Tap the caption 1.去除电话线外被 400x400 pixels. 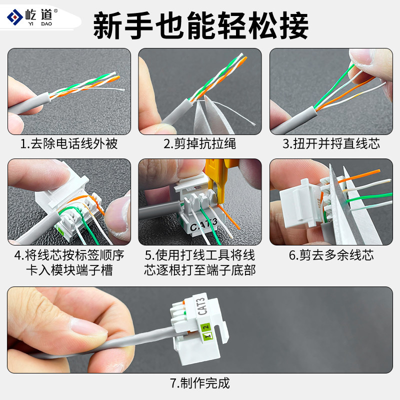point(69,144)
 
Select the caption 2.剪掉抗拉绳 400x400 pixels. point(199,144)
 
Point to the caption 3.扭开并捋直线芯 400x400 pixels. point(331,144)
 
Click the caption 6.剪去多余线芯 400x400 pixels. point(331,255)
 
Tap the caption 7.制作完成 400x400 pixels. point(199,383)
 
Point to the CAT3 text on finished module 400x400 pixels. point(202,306)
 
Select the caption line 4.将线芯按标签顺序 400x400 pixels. point(69,255)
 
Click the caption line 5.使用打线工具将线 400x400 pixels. point(199,255)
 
